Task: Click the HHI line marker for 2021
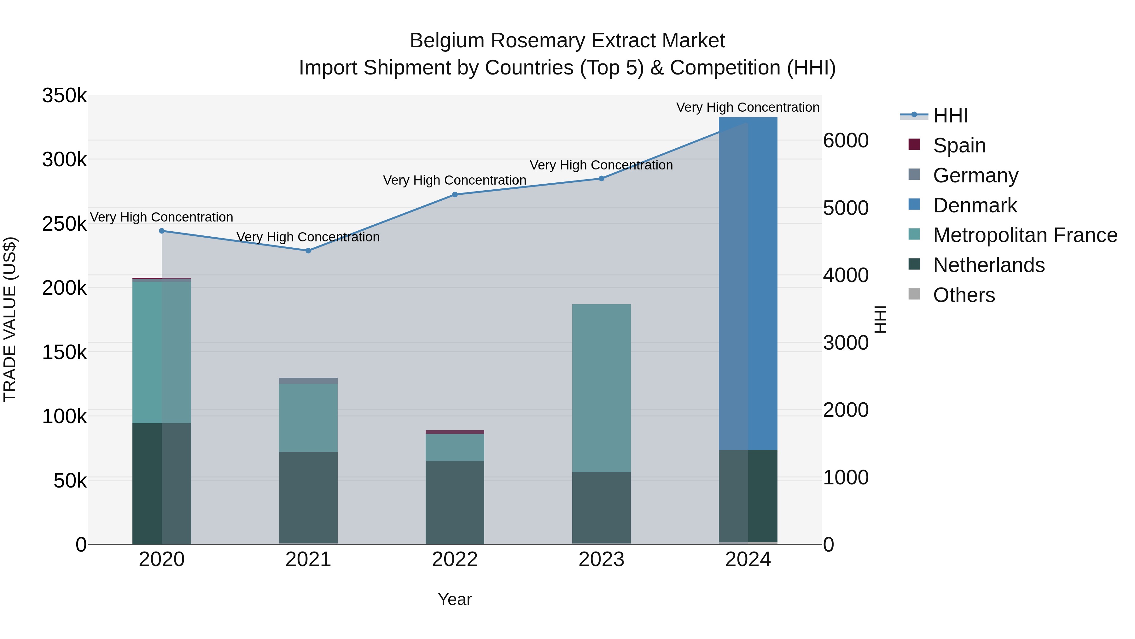pos(308,251)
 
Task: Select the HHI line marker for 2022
pos(455,194)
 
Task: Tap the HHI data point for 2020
pos(162,231)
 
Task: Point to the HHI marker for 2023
pos(601,179)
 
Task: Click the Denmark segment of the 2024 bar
pos(748,282)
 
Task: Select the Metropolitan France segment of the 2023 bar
pos(601,388)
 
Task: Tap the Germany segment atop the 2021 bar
pos(308,381)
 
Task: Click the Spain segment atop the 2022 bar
pos(455,432)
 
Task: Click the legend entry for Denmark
pos(975,205)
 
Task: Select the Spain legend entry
pos(959,145)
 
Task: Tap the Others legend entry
pos(963,295)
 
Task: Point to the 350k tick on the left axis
pos(64,96)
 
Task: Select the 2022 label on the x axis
pos(455,559)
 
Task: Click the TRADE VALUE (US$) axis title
pos(10,319)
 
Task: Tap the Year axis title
pos(455,599)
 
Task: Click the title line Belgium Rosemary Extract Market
pos(567,41)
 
